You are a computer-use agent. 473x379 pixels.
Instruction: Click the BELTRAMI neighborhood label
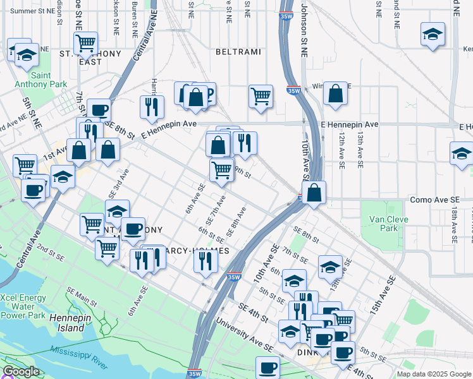tap(238, 51)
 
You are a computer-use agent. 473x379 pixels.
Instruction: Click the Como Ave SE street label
tap(435, 199)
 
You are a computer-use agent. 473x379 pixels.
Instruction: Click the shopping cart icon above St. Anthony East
tap(85, 43)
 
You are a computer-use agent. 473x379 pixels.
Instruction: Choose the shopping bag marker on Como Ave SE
tap(314, 192)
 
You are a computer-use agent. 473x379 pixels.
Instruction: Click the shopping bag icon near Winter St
tap(335, 93)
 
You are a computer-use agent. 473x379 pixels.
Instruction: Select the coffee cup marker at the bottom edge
tap(267, 367)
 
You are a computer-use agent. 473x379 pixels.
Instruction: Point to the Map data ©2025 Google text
tap(434, 374)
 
